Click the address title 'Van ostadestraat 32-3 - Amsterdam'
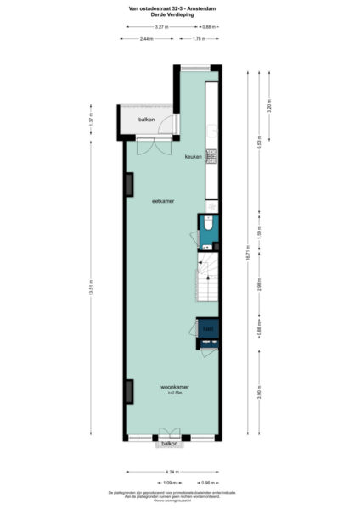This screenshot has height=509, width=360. tap(179, 8)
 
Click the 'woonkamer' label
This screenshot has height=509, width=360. tap(175, 386)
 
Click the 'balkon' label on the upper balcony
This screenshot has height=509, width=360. tap(146, 120)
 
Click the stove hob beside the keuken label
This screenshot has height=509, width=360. tap(211, 156)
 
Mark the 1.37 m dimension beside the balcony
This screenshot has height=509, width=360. tap(90, 121)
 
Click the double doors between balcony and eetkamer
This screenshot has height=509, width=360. tap(150, 145)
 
